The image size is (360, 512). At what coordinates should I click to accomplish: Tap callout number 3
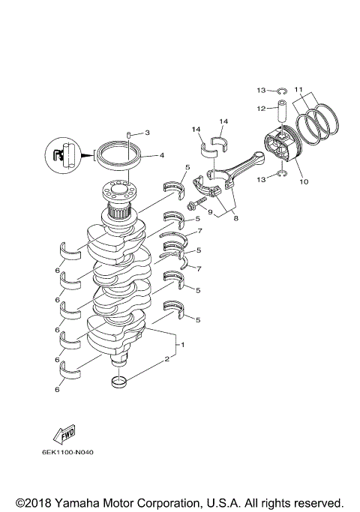(x=147, y=133)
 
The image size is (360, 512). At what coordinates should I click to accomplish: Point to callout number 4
(x=162, y=156)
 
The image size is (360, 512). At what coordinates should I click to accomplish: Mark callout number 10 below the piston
(x=304, y=181)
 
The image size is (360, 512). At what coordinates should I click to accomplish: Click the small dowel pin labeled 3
(x=129, y=134)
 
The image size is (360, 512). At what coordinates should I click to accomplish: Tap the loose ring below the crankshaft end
(x=119, y=385)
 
